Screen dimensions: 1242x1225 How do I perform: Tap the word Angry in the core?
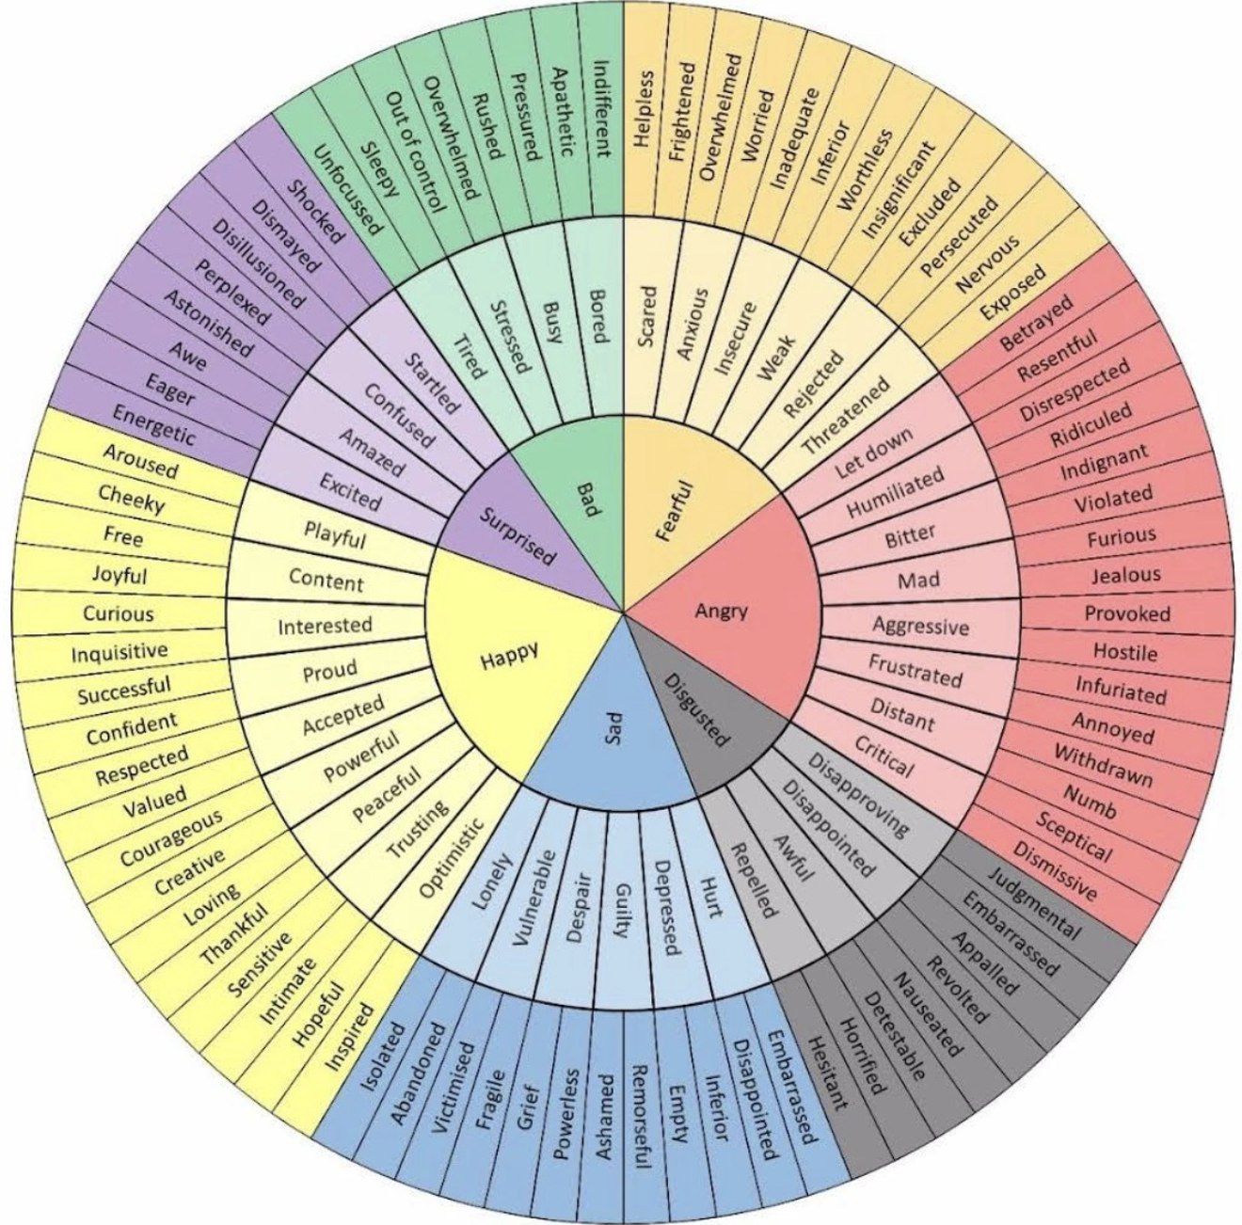coord(721,612)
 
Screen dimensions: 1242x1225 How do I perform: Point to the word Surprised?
coord(517,534)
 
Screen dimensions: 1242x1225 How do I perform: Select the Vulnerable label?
coord(537,896)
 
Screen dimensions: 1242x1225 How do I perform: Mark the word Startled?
coord(432,384)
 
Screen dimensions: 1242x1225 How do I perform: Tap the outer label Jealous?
coord(1125,574)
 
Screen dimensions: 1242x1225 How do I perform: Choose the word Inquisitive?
coord(120,652)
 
